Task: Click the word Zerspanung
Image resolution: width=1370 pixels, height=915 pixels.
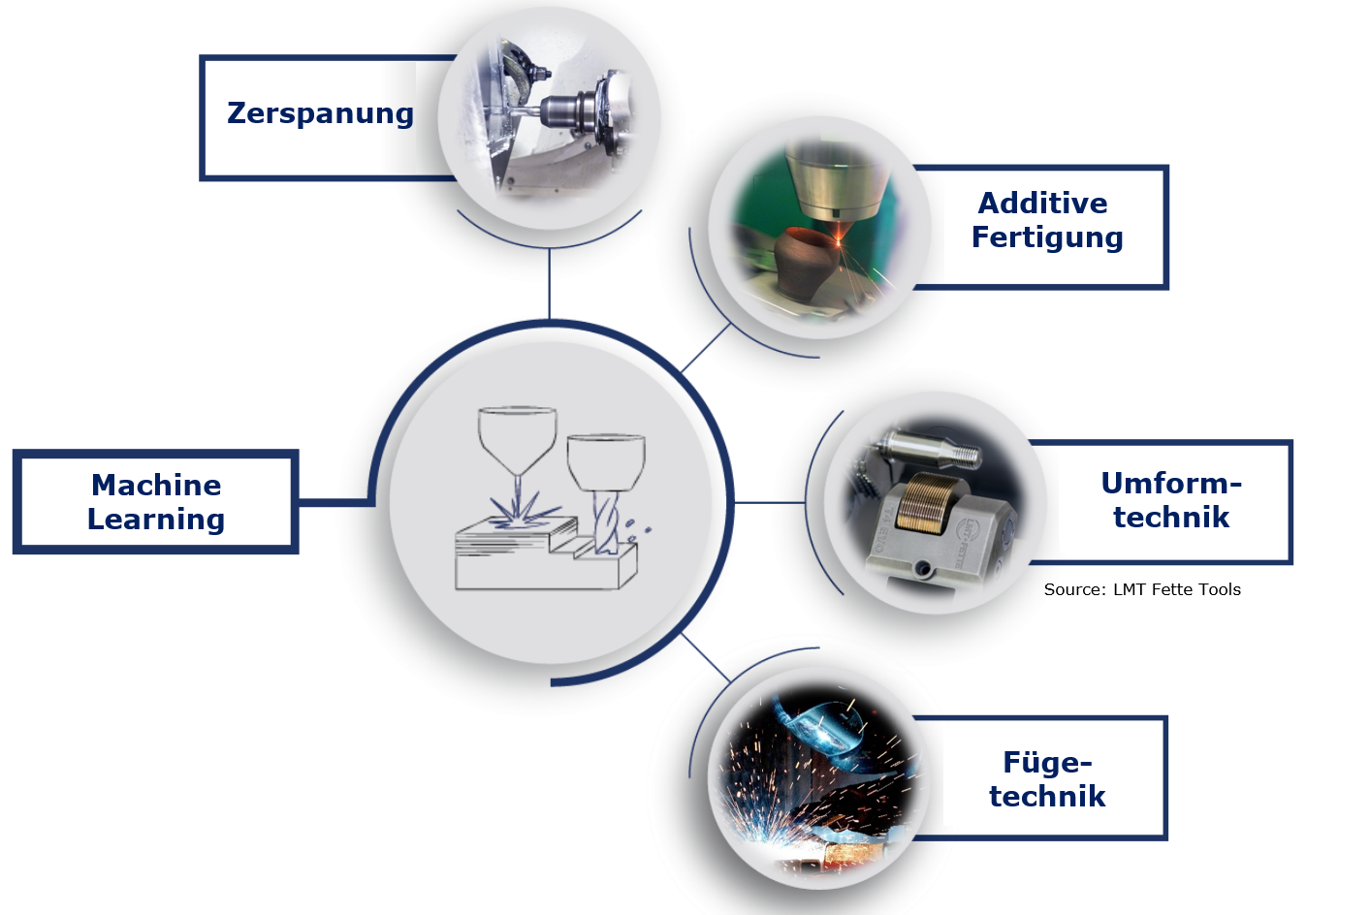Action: [x=320, y=114]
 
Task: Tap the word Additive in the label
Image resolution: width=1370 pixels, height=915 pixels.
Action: [x=1042, y=203]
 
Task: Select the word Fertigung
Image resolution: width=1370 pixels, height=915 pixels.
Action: [x=1047, y=237]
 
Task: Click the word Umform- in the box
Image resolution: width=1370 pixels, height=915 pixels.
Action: [x=1170, y=483]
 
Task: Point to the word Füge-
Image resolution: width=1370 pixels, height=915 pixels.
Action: [x=1047, y=763]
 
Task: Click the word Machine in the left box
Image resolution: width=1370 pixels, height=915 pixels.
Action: [x=156, y=485]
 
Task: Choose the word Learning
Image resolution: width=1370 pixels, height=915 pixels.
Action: [x=156, y=520]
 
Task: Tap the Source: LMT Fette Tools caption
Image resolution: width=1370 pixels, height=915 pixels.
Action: [x=1142, y=589]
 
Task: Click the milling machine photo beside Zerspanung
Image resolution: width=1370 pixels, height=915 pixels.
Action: [x=549, y=118]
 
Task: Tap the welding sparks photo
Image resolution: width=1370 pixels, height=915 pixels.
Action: [x=814, y=775]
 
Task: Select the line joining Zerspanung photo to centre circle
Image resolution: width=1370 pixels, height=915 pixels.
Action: [x=549, y=284]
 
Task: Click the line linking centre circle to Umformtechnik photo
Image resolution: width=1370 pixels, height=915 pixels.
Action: [x=770, y=502]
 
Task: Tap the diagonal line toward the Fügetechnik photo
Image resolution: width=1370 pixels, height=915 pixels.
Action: [x=706, y=657]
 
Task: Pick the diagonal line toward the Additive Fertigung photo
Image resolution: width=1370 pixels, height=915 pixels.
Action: [x=706, y=348]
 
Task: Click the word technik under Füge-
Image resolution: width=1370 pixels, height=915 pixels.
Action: [x=1047, y=797]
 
